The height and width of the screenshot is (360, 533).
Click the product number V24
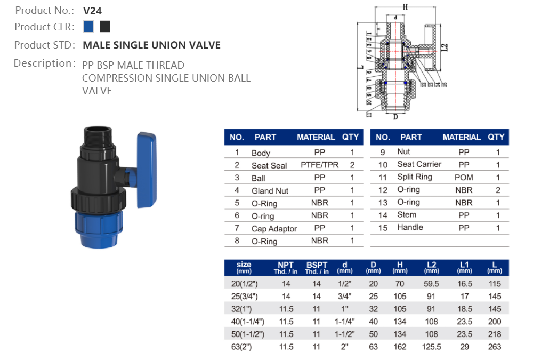(x=92, y=10)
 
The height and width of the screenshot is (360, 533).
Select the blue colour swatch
(x=89, y=26)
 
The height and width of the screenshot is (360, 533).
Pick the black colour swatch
(x=105, y=26)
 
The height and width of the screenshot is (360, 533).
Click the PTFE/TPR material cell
(x=319, y=165)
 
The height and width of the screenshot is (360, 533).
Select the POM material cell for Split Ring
(x=464, y=177)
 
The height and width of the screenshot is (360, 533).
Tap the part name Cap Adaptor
(x=274, y=229)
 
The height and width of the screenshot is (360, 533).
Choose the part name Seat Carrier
(x=419, y=164)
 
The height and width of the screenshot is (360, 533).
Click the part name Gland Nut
(x=270, y=191)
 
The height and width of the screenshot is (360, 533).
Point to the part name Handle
(x=410, y=227)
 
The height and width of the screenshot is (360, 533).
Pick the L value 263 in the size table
(x=495, y=347)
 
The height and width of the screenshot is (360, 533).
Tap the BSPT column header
(x=317, y=267)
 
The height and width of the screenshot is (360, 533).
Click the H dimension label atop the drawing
(x=405, y=7)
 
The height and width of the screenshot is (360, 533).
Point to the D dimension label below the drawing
(x=395, y=117)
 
